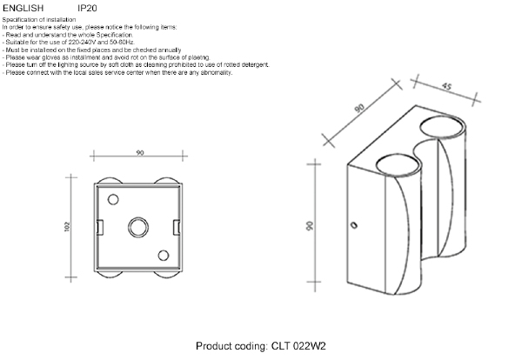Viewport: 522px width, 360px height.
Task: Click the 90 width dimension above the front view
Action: [x=139, y=153]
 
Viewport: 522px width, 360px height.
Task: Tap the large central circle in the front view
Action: [x=139, y=228]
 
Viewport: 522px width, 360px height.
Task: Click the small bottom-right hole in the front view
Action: [x=164, y=255]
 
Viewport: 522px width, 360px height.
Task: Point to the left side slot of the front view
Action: [x=99, y=228]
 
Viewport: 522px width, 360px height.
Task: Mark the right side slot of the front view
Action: [x=178, y=228]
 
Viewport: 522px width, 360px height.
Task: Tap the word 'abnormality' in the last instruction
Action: [x=213, y=72]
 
